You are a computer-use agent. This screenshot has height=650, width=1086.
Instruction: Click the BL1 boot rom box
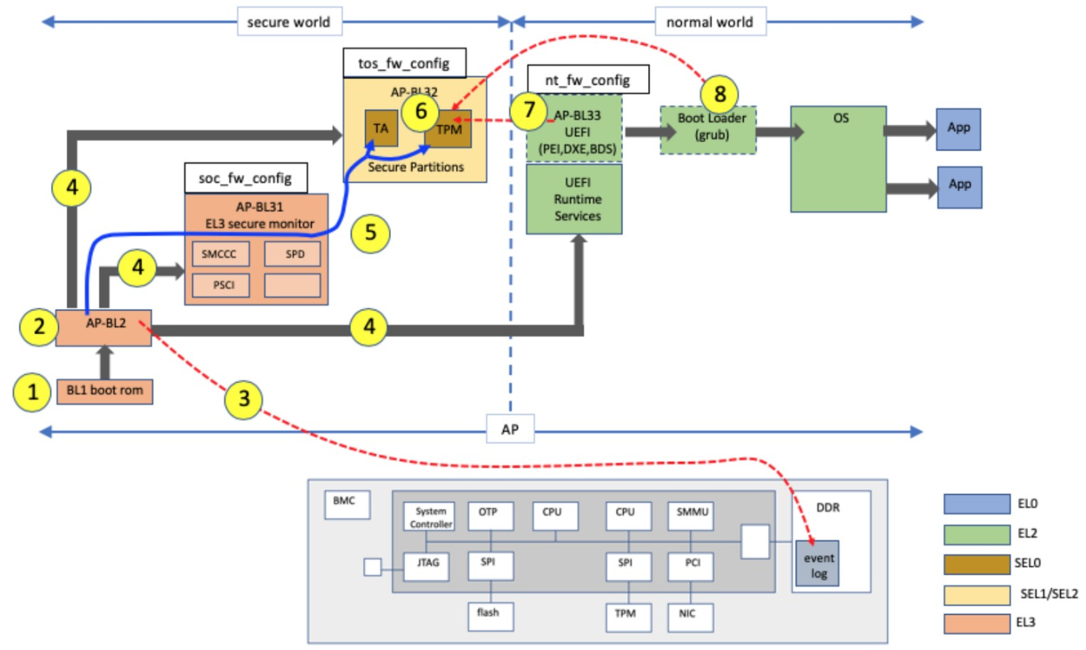104,391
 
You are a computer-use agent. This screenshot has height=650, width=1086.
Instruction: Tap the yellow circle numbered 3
244,398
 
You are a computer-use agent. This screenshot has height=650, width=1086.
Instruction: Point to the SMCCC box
219,253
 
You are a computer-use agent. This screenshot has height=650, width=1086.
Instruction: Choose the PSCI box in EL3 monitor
219,285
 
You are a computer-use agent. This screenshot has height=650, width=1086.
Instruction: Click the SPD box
292,253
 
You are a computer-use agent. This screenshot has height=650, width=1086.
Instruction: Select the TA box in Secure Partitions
382,128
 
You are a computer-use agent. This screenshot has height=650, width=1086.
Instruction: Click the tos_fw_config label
401,62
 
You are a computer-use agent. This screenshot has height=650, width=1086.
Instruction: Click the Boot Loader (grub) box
708,129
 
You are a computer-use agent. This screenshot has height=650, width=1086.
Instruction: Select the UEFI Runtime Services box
574,198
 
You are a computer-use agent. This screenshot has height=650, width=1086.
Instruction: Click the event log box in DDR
816,563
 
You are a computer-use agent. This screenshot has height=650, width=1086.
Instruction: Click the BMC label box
346,506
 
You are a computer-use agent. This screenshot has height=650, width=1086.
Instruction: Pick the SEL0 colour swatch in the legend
976,565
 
